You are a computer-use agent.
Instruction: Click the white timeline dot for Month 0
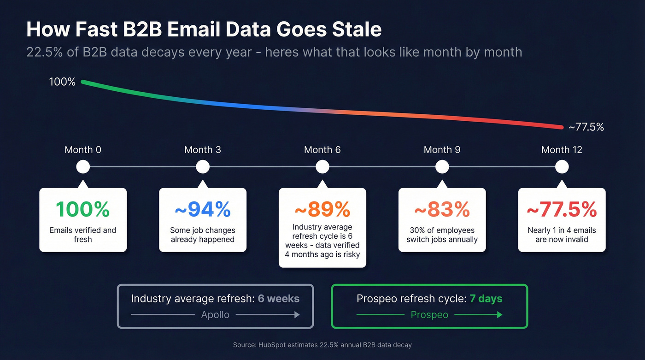click(x=83, y=167)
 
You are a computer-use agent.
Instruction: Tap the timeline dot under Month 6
click(x=322, y=167)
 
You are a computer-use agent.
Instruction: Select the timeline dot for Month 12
click(x=562, y=167)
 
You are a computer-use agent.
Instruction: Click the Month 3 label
click(x=202, y=150)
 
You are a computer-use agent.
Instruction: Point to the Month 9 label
click(x=442, y=150)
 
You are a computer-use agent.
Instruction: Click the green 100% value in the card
click(x=83, y=210)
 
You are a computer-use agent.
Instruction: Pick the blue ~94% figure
click(x=203, y=210)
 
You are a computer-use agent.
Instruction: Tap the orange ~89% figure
click(x=322, y=210)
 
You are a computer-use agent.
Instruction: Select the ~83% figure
click(x=442, y=210)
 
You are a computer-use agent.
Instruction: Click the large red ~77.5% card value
click(x=562, y=210)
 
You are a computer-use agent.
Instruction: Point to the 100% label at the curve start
click(x=62, y=82)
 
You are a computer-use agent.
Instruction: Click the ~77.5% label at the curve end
click(x=586, y=127)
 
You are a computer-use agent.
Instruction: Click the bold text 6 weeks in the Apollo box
click(x=278, y=299)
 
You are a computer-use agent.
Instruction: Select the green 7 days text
click(x=486, y=299)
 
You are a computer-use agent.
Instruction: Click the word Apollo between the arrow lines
click(x=215, y=315)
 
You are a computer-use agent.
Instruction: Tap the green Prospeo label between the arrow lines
click(x=429, y=315)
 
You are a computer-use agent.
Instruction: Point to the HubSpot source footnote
click(x=322, y=345)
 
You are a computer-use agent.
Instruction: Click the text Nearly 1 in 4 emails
click(x=562, y=230)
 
